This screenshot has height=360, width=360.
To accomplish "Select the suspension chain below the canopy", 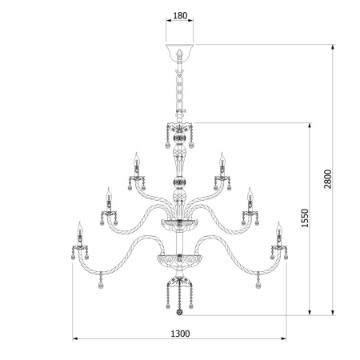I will coord(179,92).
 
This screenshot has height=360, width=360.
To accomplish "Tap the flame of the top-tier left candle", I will coord(136,155).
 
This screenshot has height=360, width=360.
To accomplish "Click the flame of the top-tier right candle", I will coord(222,155).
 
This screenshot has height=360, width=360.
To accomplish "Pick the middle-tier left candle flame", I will coord(106,192).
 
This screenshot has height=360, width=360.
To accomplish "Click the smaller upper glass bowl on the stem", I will coord(179,222).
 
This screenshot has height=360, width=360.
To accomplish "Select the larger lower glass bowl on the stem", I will coord(179,262).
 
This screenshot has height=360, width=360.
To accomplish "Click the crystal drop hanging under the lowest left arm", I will coord(100,284).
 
